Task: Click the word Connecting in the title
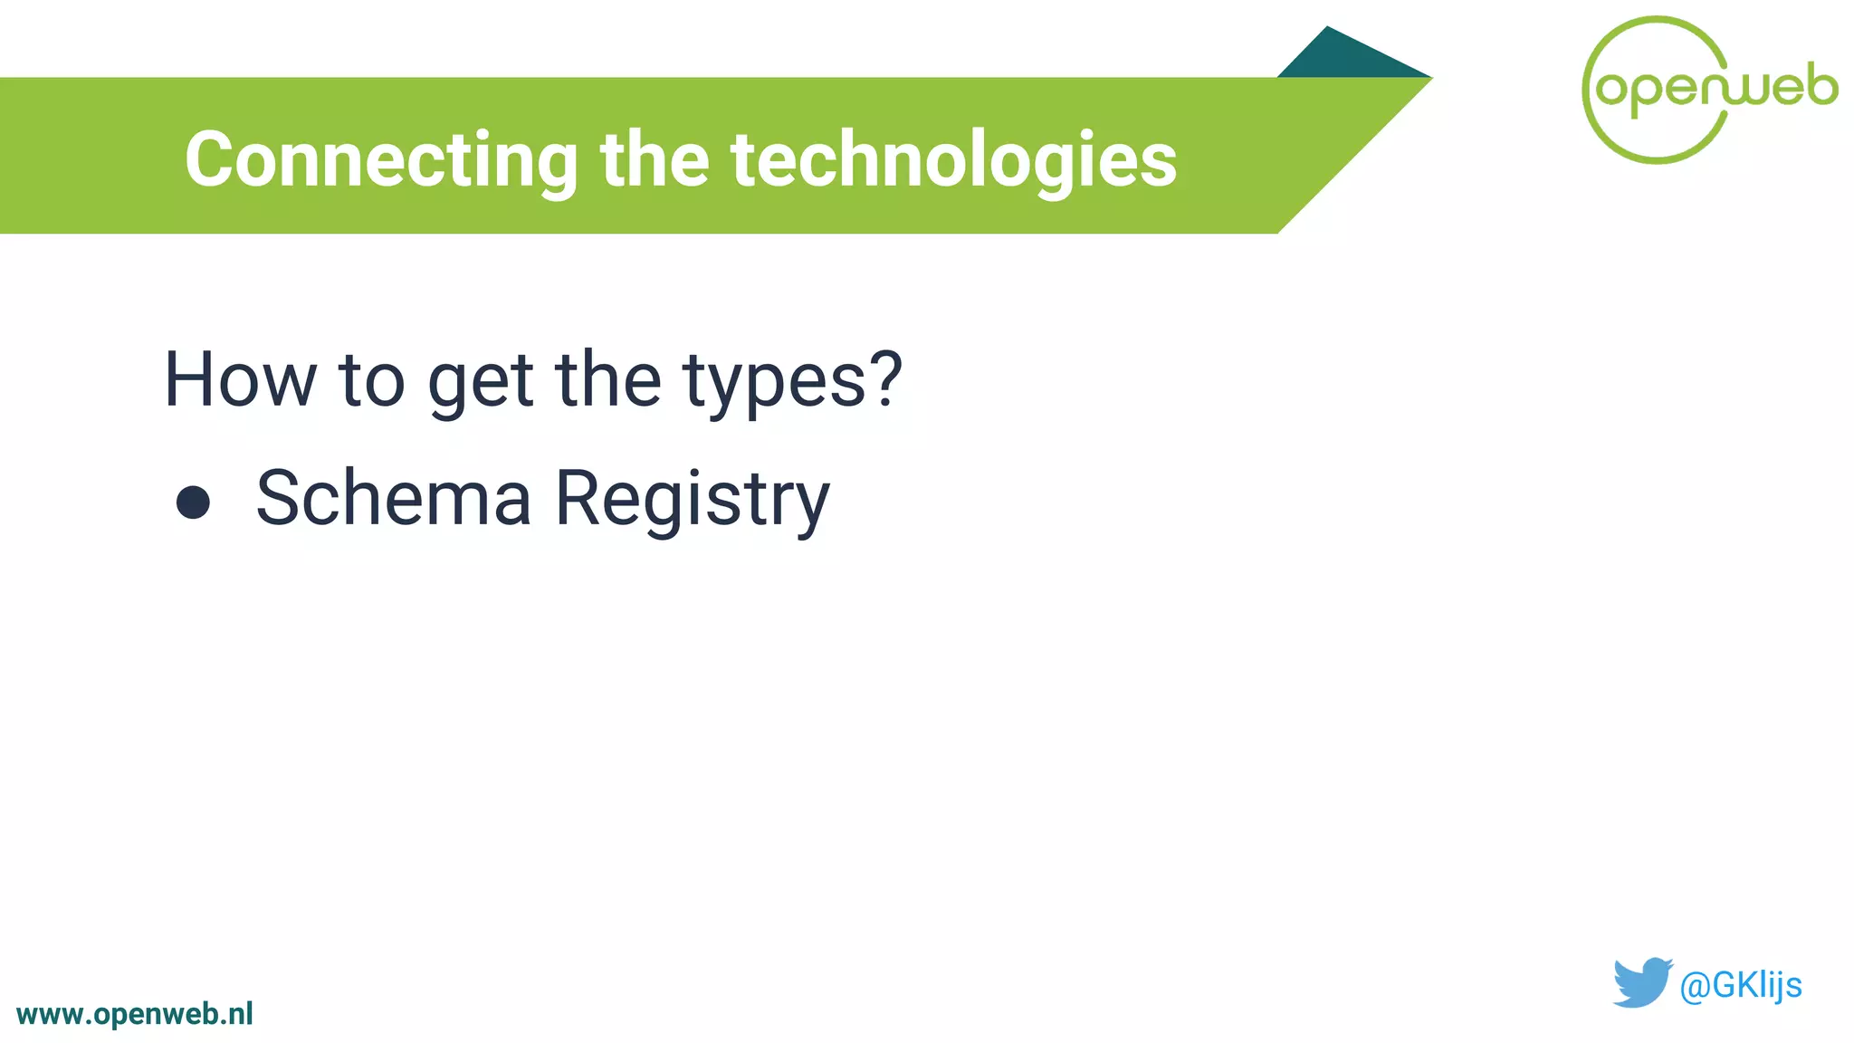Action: coord(380,160)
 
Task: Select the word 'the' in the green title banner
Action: coord(655,160)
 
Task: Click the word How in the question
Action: coord(240,380)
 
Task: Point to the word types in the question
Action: coord(775,382)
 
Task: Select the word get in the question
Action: coord(480,382)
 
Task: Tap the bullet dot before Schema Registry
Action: coord(193,502)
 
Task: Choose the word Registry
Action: coord(692,500)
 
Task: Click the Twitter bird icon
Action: coord(1641,981)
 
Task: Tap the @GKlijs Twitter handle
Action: coord(1740,985)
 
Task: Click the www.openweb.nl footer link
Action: coord(135,1014)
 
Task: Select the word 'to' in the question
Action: coord(371,380)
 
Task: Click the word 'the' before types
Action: coord(608,380)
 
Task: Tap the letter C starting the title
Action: coord(209,160)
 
